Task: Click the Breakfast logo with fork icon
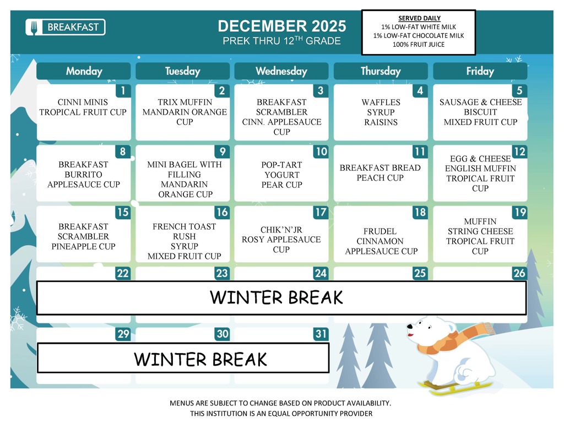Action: (x=65, y=27)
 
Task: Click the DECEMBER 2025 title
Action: (x=281, y=26)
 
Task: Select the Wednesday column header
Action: (x=281, y=71)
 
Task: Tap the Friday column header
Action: (x=479, y=71)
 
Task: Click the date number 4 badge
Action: (x=420, y=91)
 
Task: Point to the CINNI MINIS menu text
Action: (x=83, y=102)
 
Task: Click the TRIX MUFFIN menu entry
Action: (x=185, y=102)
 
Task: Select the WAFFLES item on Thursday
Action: (x=381, y=102)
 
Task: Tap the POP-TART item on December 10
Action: (x=281, y=165)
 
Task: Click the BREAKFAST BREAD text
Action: (x=380, y=168)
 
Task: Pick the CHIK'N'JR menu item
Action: (x=281, y=230)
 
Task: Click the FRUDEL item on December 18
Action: (x=381, y=231)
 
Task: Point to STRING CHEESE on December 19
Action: (x=480, y=231)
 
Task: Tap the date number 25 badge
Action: (x=419, y=273)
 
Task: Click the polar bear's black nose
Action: (x=409, y=327)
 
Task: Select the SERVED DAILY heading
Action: (x=419, y=18)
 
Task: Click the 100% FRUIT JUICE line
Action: (x=419, y=45)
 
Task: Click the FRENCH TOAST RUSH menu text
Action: (x=185, y=231)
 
